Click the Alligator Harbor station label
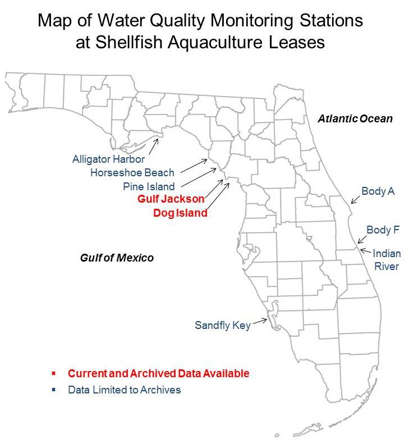coord(108,159)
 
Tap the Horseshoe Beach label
coord(132,173)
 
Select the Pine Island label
coord(149,186)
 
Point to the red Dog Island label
coord(180,213)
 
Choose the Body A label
coord(378,191)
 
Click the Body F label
coord(383,230)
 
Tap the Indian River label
coord(387,259)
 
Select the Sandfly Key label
coord(222,325)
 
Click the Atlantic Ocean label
coord(355,119)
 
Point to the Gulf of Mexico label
coord(116,258)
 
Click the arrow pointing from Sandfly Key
coord(260,321)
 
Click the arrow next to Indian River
coord(365,251)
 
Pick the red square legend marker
coord(52,373)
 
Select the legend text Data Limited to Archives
coord(125,390)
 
